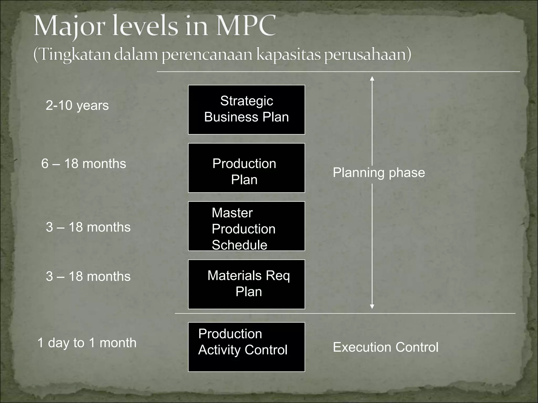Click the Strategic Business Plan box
click(x=246, y=110)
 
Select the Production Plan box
click(x=246, y=168)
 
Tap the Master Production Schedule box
click(x=246, y=226)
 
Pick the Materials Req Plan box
click(x=246, y=284)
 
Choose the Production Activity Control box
click(x=246, y=347)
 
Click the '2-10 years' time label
click(x=77, y=105)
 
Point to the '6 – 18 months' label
click(x=84, y=164)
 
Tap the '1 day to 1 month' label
click(x=87, y=343)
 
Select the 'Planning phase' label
click(x=379, y=173)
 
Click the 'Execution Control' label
click(x=385, y=347)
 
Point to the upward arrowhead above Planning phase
click(x=372, y=78)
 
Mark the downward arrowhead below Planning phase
click(x=372, y=306)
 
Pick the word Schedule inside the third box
click(x=239, y=245)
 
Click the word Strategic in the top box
click(x=246, y=101)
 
